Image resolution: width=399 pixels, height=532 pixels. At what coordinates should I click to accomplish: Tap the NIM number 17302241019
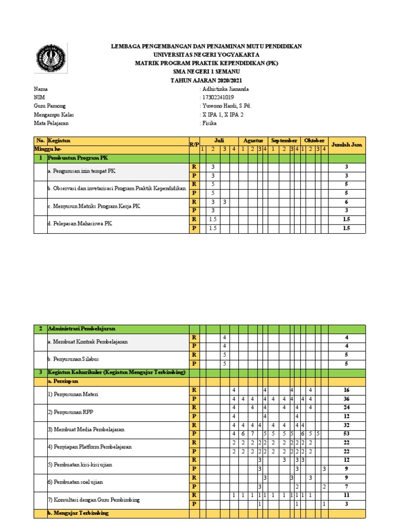pyautogui.click(x=218, y=97)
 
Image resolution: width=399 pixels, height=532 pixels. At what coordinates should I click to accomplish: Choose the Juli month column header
pyautogui.click(x=219, y=141)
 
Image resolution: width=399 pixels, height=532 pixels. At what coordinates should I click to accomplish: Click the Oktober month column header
pyautogui.click(x=314, y=141)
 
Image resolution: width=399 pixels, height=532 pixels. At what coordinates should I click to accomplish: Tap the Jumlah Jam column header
pyautogui.click(x=347, y=145)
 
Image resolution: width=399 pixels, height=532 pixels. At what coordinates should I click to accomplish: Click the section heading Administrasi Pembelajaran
pyautogui.click(x=81, y=329)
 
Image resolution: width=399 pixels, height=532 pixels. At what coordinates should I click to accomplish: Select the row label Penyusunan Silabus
pyautogui.click(x=73, y=359)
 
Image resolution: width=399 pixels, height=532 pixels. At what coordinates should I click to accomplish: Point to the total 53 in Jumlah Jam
pyautogui.click(x=347, y=434)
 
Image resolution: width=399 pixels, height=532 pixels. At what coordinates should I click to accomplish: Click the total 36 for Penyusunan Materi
pyautogui.click(x=347, y=399)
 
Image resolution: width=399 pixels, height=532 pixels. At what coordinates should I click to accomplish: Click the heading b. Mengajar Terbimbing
pyautogui.click(x=78, y=513)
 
